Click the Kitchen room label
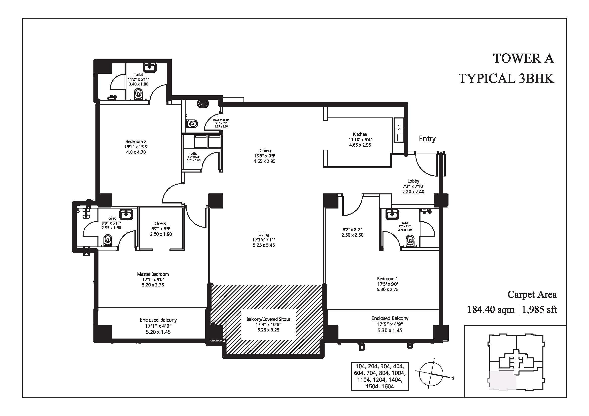point(360,134)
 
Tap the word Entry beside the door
point(427,139)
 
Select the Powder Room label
point(221,120)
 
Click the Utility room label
point(194,154)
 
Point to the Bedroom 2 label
point(136,141)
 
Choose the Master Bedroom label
point(153,274)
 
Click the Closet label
point(160,223)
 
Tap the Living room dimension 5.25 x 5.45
point(264,245)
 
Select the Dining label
point(264,151)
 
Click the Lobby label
point(413,181)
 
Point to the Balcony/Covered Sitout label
point(268,319)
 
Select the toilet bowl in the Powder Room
point(192,124)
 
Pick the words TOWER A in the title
point(524,58)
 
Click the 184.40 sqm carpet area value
point(491,310)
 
